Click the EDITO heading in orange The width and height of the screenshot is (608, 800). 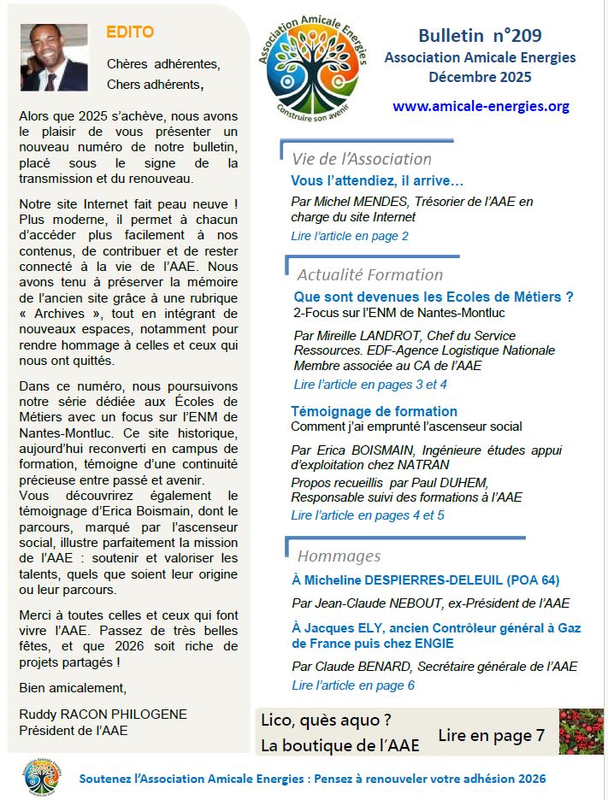[130, 32]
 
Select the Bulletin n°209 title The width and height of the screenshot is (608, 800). [480, 36]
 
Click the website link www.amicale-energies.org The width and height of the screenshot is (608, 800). [481, 106]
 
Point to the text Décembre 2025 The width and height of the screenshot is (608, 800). [480, 77]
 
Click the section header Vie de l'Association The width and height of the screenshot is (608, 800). [361, 159]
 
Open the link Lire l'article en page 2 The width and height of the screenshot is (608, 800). [350, 236]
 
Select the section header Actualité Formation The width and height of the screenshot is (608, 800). [369, 274]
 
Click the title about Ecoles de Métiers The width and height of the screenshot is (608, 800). [433, 297]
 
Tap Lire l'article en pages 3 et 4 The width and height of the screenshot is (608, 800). [370, 385]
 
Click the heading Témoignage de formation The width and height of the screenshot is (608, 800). [374, 411]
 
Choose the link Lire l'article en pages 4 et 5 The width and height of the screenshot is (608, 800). [368, 515]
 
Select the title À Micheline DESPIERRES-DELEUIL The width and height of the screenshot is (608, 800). [425, 580]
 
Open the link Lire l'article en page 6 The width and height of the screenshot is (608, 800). [353, 685]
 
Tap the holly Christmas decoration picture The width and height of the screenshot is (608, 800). [581, 732]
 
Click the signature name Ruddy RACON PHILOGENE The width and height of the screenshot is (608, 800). [103, 714]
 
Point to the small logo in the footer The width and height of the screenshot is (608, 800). [42, 778]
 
